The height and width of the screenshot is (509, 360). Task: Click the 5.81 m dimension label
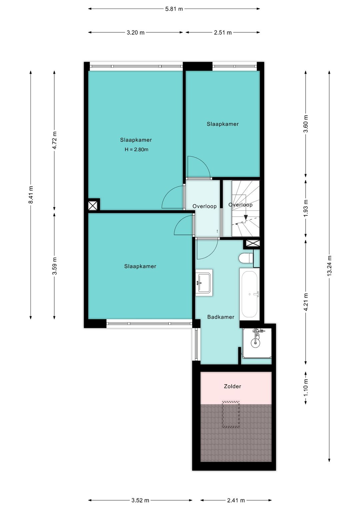[x=174, y=9]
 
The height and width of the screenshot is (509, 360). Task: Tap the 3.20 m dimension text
[x=135, y=33]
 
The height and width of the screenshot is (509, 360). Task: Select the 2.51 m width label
[x=222, y=33]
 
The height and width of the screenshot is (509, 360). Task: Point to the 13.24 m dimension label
[x=329, y=266]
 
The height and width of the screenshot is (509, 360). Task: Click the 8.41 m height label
[x=31, y=194]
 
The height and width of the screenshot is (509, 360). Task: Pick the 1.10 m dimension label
[x=306, y=388]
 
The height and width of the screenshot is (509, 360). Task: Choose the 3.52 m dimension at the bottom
[x=140, y=500]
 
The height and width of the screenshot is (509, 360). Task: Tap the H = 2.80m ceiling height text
[x=136, y=150]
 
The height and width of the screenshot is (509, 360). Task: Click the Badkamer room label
[x=221, y=317]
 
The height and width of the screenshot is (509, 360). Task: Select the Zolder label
[x=232, y=387]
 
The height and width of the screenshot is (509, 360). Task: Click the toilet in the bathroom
[x=246, y=258]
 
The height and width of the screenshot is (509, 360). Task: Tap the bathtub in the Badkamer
[x=249, y=294]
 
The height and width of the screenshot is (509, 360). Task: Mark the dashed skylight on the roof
[x=231, y=415]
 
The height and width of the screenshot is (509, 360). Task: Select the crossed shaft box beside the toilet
[x=253, y=244]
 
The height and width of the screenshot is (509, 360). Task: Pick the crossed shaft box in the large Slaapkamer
[x=93, y=205]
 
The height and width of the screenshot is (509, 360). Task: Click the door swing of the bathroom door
[x=207, y=250]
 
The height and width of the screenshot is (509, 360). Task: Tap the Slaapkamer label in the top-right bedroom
[x=223, y=124]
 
